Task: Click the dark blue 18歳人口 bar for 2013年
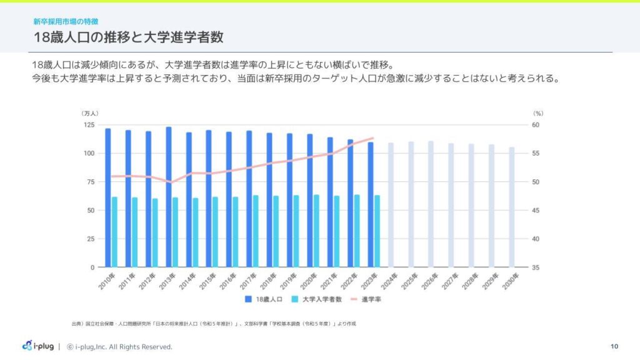coord(169,197)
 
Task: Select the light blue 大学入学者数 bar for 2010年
coord(114,232)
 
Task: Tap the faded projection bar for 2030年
coord(512,207)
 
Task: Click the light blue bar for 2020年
coord(316,231)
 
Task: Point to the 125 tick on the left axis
coord(89,125)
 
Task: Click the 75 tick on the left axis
coord(91,182)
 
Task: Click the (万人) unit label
coord(89,113)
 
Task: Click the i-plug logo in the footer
coord(37,346)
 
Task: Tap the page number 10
coord(614,346)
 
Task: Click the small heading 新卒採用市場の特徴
coord(66,21)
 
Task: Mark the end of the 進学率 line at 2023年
coord(373,138)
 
